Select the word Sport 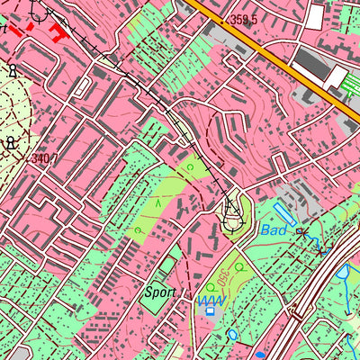(x=159, y=292)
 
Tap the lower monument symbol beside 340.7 (x=11, y=142)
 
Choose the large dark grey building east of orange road (x=310, y=63)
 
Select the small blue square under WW (x=210, y=311)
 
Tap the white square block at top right (x=314, y=15)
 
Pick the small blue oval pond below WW (x=233, y=333)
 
